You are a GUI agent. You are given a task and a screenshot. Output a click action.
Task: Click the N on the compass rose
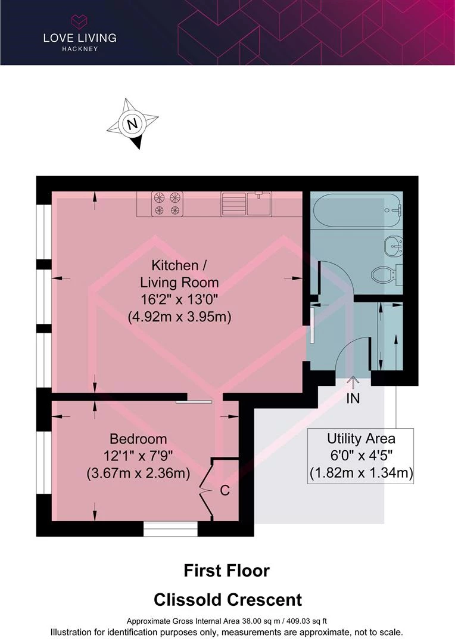pyautogui.click(x=132, y=123)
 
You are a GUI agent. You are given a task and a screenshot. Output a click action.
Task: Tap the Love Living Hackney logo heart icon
pyautogui.click(x=80, y=21)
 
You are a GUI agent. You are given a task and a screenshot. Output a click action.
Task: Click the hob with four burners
pyautogui.click(x=167, y=204)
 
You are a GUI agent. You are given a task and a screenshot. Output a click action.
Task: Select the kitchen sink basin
pyautogui.click(x=258, y=203)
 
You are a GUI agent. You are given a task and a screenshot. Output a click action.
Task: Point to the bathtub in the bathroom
pyautogui.click(x=356, y=210)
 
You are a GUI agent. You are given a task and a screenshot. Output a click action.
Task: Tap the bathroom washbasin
pyautogui.click(x=393, y=246)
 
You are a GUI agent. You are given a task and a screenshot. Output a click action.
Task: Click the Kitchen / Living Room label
pyautogui.click(x=179, y=274)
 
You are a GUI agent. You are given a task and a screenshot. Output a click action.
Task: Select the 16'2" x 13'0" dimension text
pyautogui.click(x=179, y=299)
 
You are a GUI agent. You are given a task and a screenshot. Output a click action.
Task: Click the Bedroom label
pyautogui.click(x=138, y=439)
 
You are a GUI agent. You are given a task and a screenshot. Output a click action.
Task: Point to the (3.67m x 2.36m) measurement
pyautogui.click(x=138, y=473)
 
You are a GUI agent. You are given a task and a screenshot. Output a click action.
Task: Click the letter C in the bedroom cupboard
pyautogui.click(x=225, y=490)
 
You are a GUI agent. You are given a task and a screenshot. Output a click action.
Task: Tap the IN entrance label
pyautogui.click(x=353, y=398)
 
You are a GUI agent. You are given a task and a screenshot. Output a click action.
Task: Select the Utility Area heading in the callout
pyautogui.click(x=361, y=439)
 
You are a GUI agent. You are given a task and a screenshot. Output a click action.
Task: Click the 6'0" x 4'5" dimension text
pyautogui.click(x=361, y=456)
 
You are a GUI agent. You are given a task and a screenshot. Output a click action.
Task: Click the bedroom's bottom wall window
pyautogui.click(x=171, y=528)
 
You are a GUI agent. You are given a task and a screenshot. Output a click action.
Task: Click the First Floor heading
pyautogui.click(x=226, y=571)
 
